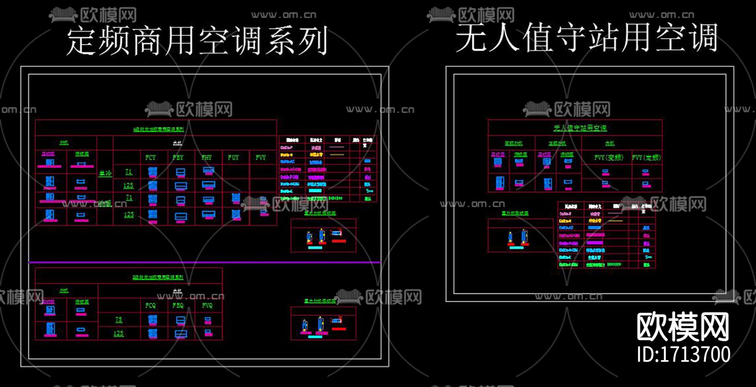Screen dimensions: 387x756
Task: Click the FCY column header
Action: pyautogui.click(x=150, y=158)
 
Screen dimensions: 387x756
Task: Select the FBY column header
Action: pyautogui.click(x=178, y=158)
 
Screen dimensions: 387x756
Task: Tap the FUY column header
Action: pyautogui.click(x=234, y=158)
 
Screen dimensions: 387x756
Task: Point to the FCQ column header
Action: pyautogui.click(x=150, y=305)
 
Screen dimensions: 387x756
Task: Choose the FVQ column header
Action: pyautogui.click(x=207, y=305)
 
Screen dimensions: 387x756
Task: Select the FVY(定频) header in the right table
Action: pyautogui.click(x=646, y=158)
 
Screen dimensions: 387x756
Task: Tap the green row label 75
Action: pyautogui.click(x=119, y=320)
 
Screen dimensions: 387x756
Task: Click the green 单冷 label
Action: pyautogui.click(x=105, y=174)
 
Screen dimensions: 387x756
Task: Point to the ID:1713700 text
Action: pyautogui.click(x=683, y=354)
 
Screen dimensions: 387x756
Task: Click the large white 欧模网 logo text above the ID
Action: pyautogui.click(x=683, y=327)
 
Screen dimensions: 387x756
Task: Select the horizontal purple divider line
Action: pyautogui.click(x=205, y=262)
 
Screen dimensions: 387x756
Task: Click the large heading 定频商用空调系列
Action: pyautogui.click(x=197, y=41)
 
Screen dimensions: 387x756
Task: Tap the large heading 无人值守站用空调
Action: pyautogui.click(x=586, y=38)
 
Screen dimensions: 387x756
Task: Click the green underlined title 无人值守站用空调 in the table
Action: pyautogui.click(x=580, y=128)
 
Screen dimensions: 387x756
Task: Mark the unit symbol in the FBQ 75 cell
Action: pyautogui.click(x=181, y=320)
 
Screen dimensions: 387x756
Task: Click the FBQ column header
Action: pyautogui.click(x=178, y=305)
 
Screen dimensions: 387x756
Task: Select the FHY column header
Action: pyautogui.click(x=207, y=158)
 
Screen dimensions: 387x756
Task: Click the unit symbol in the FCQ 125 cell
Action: pyautogui.click(x=152, y=334)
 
